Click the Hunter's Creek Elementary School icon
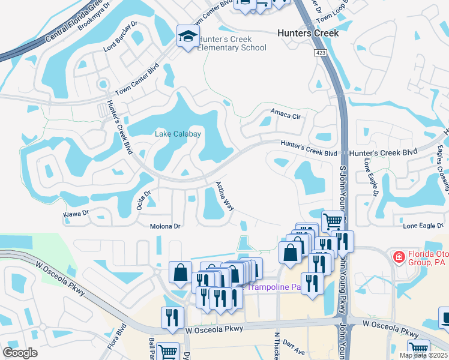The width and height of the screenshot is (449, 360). click(188, 37)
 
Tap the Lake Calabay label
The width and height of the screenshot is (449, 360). click(178, 134)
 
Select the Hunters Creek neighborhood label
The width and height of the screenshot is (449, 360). click(308, 33)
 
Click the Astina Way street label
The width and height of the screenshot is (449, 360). click(224, 196)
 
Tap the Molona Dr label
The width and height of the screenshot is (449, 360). click(165, 226)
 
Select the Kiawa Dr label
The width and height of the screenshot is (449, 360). click(76, 213)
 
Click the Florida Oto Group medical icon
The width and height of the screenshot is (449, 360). click(397, 257)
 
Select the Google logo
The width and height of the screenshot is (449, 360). click(20, 353)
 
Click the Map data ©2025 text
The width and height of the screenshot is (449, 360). click(423, 355)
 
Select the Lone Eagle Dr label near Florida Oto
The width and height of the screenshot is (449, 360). click(423, 226)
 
